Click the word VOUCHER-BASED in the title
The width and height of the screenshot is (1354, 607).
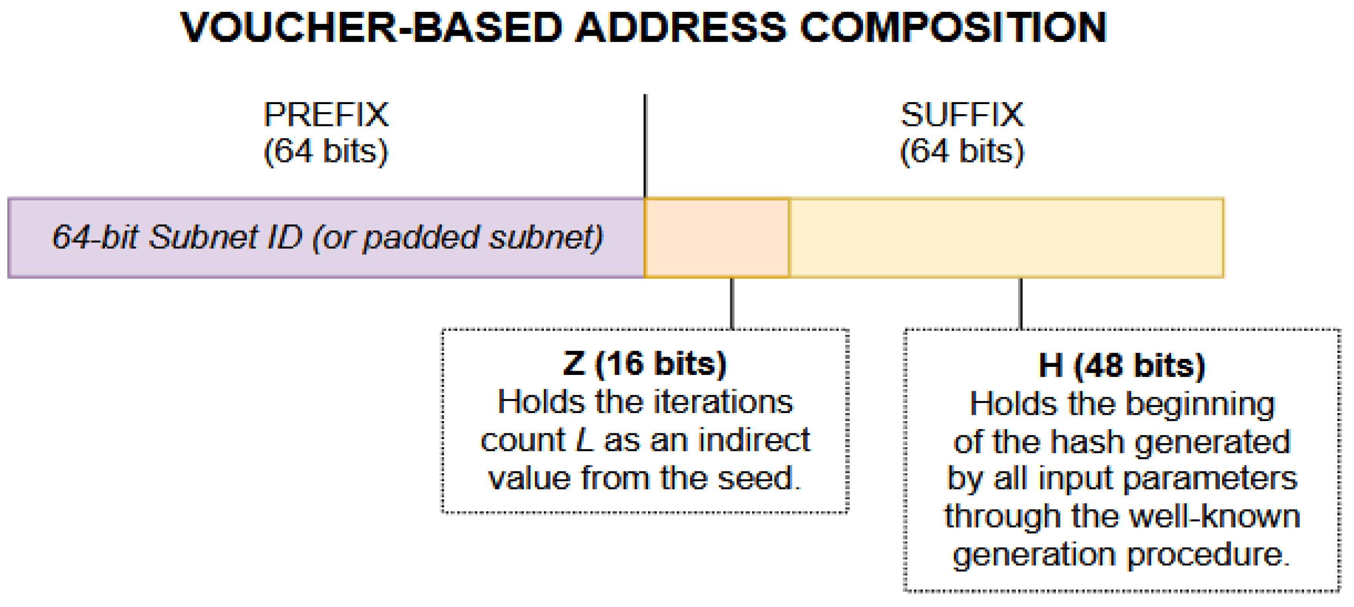point(370,27)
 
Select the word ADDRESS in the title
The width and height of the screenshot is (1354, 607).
point(680,27)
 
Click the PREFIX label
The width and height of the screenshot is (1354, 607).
point(326,114)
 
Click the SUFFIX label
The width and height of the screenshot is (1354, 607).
point(962,114)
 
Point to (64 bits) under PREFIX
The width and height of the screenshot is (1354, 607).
point(326,151)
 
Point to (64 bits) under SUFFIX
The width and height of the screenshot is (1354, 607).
point(962,151)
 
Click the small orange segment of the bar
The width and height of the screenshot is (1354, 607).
point(716,237)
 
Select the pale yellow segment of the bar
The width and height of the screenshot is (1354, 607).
point(1006,237)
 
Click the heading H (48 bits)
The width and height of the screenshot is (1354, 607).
point(1122,365)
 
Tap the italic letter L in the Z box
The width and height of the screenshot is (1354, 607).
point(585,440)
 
